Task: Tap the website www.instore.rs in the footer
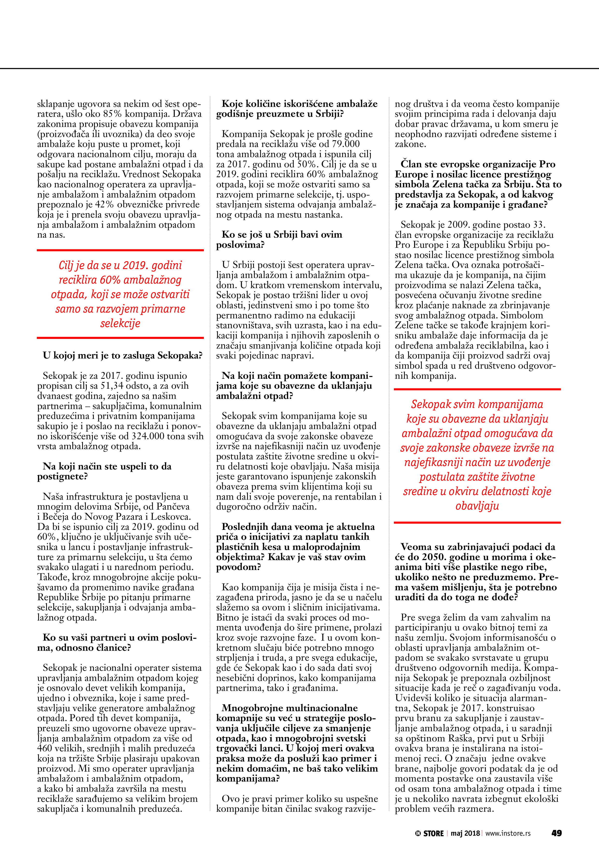[508, 833]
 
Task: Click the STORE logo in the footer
[430, 833]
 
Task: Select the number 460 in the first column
[45, 748]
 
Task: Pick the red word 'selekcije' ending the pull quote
[120, 323]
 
